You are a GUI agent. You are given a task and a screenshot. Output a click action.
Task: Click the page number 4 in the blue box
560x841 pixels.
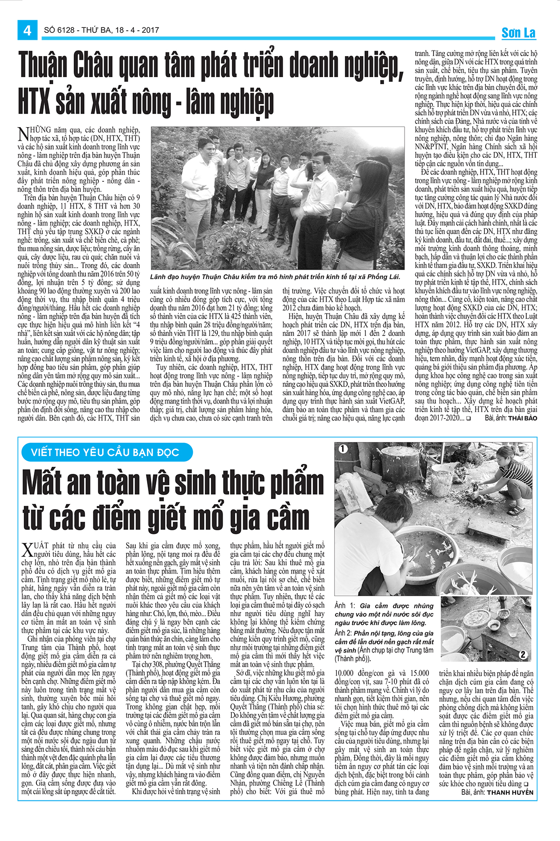coord(27,30)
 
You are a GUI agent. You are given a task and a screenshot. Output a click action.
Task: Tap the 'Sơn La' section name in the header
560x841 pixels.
coord(518,33)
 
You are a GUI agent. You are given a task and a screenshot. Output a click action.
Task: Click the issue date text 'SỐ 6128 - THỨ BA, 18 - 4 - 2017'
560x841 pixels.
coord(101,30)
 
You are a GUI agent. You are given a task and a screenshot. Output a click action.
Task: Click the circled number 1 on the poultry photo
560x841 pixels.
coord(343,449)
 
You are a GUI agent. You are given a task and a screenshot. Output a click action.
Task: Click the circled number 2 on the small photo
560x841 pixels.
coord(523,655)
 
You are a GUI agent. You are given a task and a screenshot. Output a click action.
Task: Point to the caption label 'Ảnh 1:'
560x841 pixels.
coord(345,606)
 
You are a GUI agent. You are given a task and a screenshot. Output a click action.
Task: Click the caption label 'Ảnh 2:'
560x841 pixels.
coord(345,633)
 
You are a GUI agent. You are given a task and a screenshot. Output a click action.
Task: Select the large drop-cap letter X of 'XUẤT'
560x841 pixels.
coord(27,549)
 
